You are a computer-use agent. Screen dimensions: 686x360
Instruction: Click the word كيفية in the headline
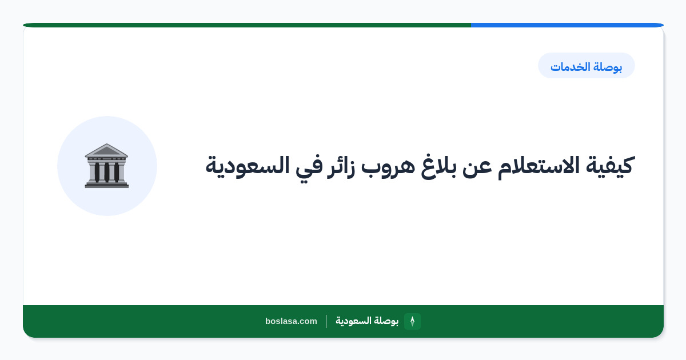point(609,166)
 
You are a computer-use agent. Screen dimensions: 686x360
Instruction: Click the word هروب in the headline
point(388,167)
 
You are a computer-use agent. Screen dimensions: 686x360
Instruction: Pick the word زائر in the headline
point(341,167)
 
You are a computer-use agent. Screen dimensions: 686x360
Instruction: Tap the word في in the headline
point(308,167)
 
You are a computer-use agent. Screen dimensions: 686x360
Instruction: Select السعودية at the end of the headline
point(248,166)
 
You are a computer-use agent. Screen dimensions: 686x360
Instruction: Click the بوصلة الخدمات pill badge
point(587,66)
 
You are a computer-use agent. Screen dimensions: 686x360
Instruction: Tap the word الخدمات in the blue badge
point(570,67)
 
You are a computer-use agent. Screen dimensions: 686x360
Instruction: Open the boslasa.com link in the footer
point(291,321)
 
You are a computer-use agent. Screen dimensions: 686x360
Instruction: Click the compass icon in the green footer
point(412,321)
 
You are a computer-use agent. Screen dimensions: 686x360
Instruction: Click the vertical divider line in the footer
point(326,321)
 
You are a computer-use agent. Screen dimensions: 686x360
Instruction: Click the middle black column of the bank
point(106,172)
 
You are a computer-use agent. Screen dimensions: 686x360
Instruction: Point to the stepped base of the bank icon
point(107,185)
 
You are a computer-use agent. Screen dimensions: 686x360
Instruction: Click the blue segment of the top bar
point(567,25)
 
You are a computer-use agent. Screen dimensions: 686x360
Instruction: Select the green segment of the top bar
point(247,25)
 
